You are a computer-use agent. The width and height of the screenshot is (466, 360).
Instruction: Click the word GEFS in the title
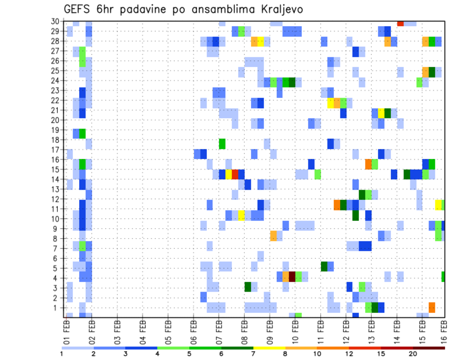tap(80, 9)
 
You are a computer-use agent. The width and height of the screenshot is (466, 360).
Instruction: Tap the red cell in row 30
tap(400, 23)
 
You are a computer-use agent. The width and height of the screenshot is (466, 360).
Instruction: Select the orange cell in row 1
tap(432, 307)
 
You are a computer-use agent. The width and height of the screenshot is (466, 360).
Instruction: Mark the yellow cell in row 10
tap(241, 215)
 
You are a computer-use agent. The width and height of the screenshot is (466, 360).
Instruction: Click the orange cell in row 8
tap(273, 236)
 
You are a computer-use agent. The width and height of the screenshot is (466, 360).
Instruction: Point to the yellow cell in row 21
tap(381, 113)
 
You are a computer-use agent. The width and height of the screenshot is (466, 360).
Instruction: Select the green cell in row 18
tap(222, 144)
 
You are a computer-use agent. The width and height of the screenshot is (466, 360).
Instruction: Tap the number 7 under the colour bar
tap(253, 354)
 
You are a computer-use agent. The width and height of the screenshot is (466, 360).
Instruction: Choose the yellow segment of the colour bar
tap(269, 348)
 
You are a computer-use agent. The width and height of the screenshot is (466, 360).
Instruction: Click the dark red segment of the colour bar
tap(429, 348)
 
